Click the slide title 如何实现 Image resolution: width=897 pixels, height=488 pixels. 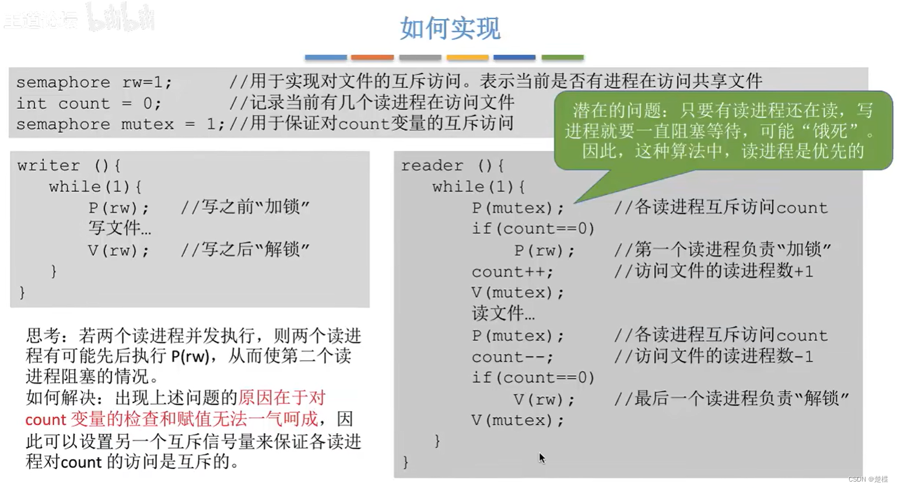pos(450,28)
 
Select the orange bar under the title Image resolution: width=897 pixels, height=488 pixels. pos(372,57)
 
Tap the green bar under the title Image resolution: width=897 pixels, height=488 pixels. pos(562,57)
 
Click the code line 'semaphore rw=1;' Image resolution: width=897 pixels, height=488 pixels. pos(94,82)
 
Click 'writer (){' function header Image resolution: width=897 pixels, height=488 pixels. pos(69,166)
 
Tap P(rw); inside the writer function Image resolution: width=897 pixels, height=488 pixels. pos(118,208)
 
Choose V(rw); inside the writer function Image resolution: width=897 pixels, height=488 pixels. pos(118,250)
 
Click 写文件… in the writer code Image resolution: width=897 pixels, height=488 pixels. pos(120,229)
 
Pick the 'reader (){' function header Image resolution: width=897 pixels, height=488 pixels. pos(452,166)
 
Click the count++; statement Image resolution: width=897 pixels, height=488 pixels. pos(512,272)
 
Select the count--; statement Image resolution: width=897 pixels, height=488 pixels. pos(512,357)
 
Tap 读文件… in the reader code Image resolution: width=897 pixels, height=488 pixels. pos(503,314)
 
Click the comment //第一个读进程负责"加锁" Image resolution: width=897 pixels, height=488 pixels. pos(722,250)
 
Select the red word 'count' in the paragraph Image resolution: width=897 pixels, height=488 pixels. pos(45,420)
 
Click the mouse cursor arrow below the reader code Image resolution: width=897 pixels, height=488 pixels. pos(542,458)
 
